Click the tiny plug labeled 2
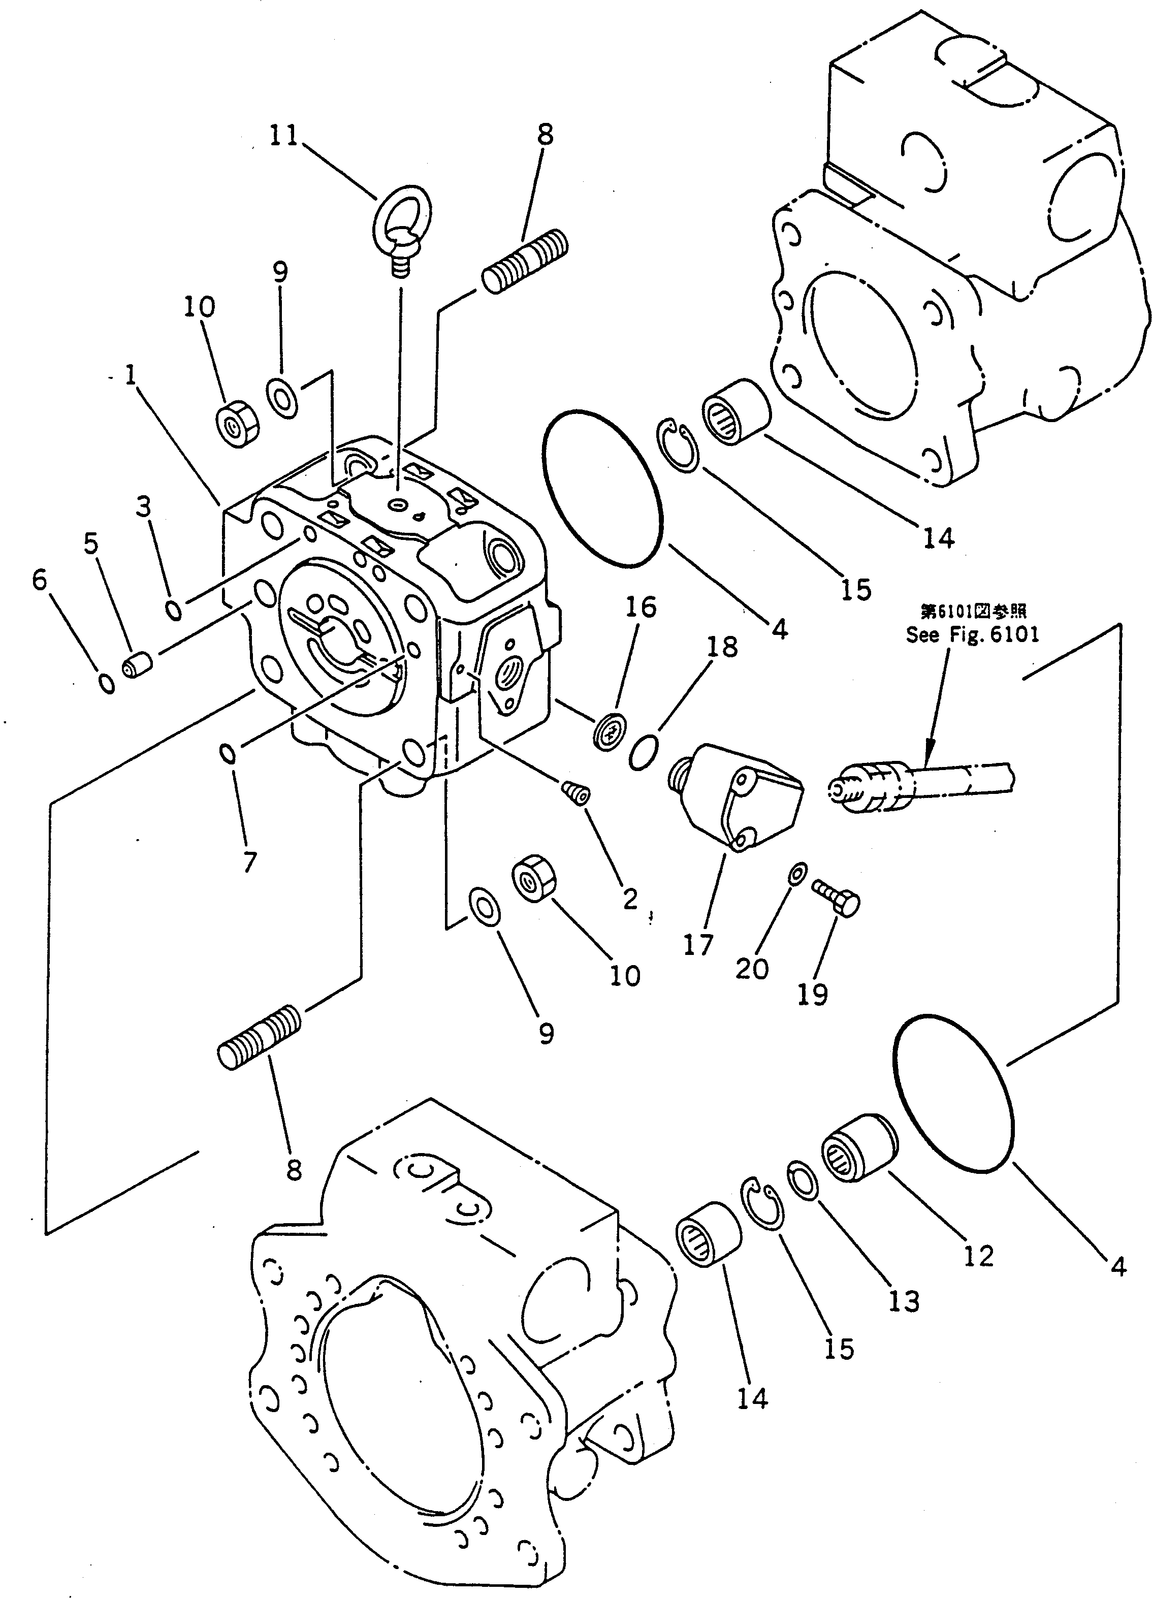(577, 793)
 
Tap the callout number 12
(978, 1256)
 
